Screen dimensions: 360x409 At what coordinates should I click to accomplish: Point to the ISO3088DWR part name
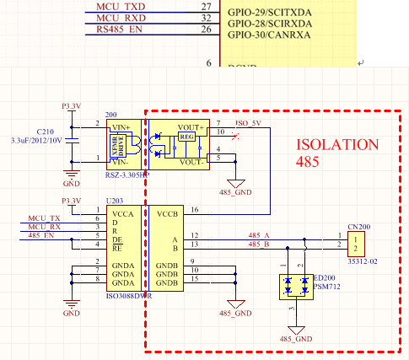pyautogui.click(x=128, y=297)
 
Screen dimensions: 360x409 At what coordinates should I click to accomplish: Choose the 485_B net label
pyautogui.click(x=259, y=244)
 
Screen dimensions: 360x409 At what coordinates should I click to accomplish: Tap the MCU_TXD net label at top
pyautogui.click(x=120, y=6)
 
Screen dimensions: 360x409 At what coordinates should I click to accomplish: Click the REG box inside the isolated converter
pyautogui.click(x=186, y=136)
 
